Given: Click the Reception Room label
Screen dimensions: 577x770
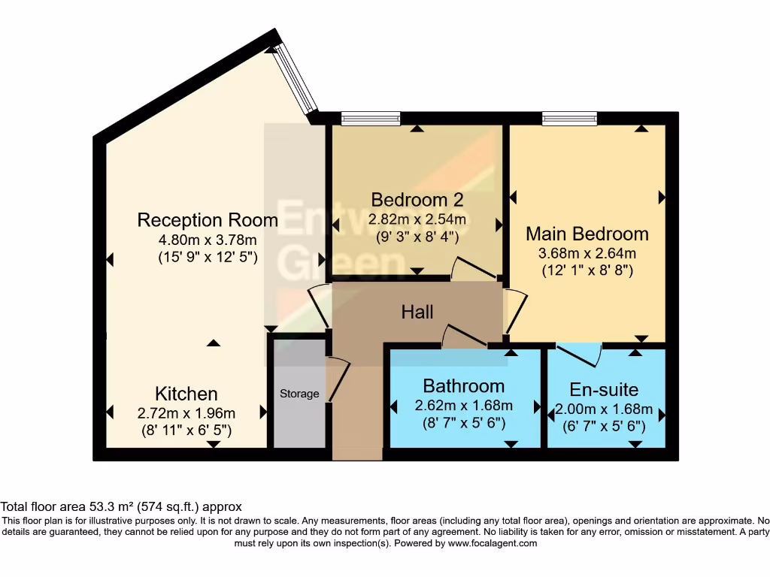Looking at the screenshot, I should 208,220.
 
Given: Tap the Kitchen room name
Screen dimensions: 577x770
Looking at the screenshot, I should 186,394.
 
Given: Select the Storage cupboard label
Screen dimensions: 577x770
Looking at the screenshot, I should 299,394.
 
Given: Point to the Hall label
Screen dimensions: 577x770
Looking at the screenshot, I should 417,311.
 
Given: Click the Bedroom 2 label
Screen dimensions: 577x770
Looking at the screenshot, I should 417,200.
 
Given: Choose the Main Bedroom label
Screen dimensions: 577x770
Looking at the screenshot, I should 587,234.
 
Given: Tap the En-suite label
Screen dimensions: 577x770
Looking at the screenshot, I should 604,389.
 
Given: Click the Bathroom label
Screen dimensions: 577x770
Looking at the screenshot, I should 463,386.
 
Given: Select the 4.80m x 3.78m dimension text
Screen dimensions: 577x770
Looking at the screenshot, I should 208,240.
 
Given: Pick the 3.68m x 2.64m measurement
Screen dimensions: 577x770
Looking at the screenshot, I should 587,253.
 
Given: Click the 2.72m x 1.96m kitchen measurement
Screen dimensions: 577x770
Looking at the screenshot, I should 186,413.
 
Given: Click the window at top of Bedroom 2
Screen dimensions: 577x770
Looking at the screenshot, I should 370,118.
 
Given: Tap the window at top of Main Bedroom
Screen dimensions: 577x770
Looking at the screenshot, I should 569,118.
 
